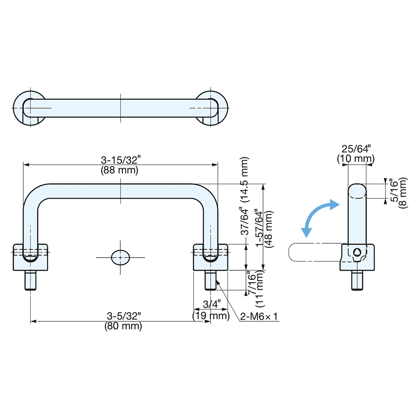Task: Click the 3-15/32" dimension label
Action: point(121,160)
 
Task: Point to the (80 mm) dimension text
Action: point(123,326)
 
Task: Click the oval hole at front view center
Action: point(120,256)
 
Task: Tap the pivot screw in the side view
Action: point(357,252)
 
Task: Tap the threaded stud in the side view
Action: point(357,280)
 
